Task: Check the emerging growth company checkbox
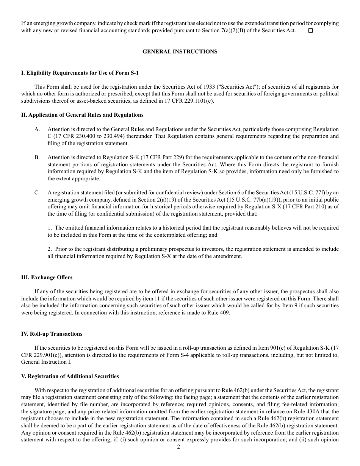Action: coord(310,31)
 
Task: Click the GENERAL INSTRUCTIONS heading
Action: coord(180,52)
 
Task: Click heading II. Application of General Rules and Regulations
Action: coord(82,115)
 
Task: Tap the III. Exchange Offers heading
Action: coord(47,277)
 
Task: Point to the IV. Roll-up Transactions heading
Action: coord(52,334)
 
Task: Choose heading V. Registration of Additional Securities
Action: coord(70,376)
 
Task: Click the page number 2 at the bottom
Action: coord(178,447)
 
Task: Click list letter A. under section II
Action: coord(37,129)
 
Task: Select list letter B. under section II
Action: coord(37,157)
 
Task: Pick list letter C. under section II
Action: coord(37,192)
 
